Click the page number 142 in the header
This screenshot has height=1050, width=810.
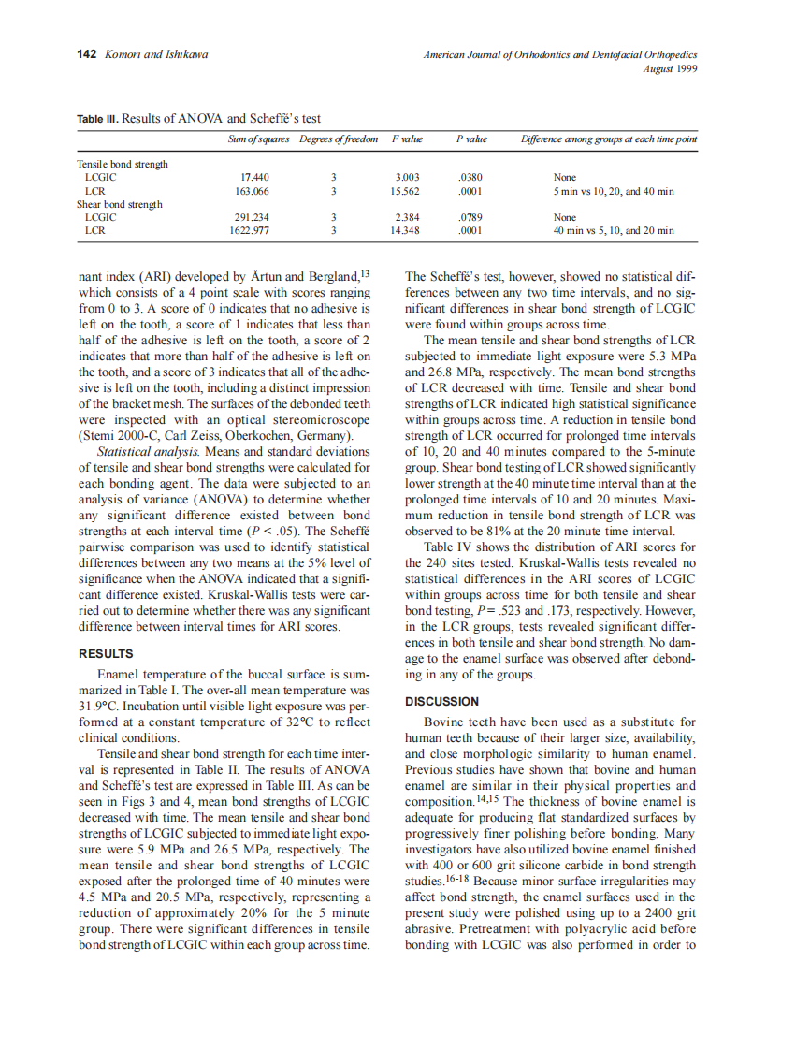(x=86, y=54)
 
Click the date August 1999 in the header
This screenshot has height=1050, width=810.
(x=671, y=68)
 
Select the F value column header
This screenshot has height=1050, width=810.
(x=407, y=139)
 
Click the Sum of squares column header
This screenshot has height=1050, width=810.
(x=258, y=139)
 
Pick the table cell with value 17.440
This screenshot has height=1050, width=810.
(x=255, y=177)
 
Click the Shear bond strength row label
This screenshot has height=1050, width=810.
(x=119, y=204)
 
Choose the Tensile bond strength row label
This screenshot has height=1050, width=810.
(x=122, y=164)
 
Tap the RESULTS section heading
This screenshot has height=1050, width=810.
(x=106, y=654)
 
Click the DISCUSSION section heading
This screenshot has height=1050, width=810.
(x=441, y=701)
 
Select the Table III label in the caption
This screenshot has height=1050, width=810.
(x=97, y=119)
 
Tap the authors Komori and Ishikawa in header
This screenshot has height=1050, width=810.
(x=156, y=54)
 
